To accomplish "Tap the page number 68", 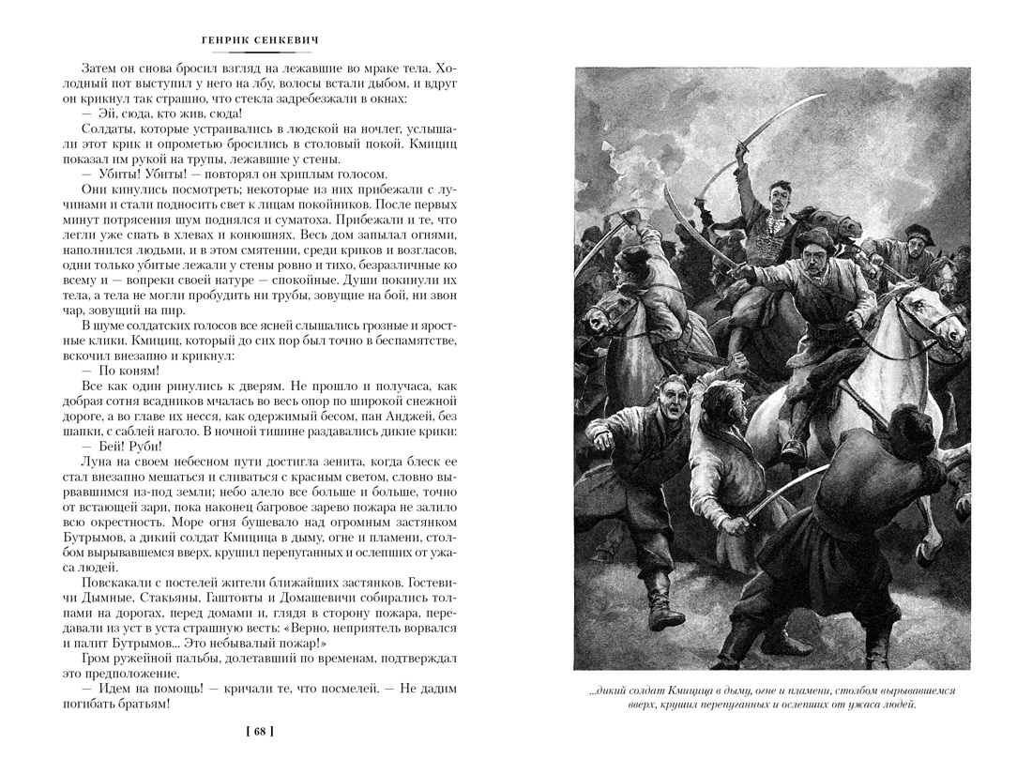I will [260, 732].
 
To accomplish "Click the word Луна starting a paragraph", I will [97, 462].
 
